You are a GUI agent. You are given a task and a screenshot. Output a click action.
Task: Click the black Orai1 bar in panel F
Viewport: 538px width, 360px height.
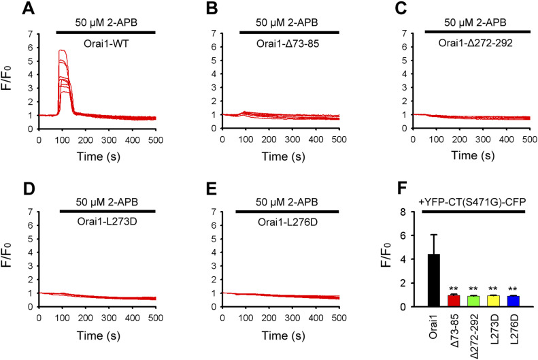pos(433,280)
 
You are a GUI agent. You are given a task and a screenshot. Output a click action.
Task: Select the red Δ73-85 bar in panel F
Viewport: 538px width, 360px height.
pos(453,301)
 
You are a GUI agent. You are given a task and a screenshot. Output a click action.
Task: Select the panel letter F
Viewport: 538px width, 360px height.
pos(383,186)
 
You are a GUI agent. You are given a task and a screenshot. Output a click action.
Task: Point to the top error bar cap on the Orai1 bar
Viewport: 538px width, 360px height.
pos(433,235)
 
